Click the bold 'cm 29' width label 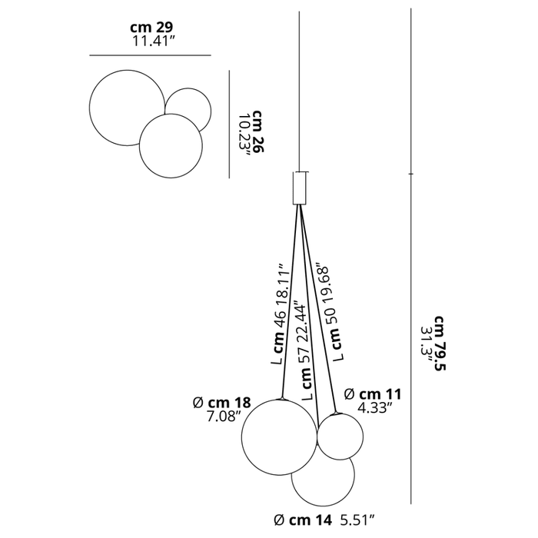[x=151, y=27]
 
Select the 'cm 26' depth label [x=258, y=131]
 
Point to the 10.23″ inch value [x=244, y=135]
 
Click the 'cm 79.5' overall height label [x=440, y=344]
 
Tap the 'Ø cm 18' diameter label [x=222, y=402]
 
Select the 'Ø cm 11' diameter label [x=373, y=394]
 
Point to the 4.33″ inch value [x=375, y=408]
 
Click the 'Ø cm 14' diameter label [x=304, y=520]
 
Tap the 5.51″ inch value [x=357, y=520]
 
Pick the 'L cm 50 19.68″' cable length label [x=331, y=312]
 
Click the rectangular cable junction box [x=299, y=188]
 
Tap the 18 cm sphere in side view [x=279, y=437]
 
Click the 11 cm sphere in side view [x=340, y=437]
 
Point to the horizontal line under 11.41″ [x=151, y=55]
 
